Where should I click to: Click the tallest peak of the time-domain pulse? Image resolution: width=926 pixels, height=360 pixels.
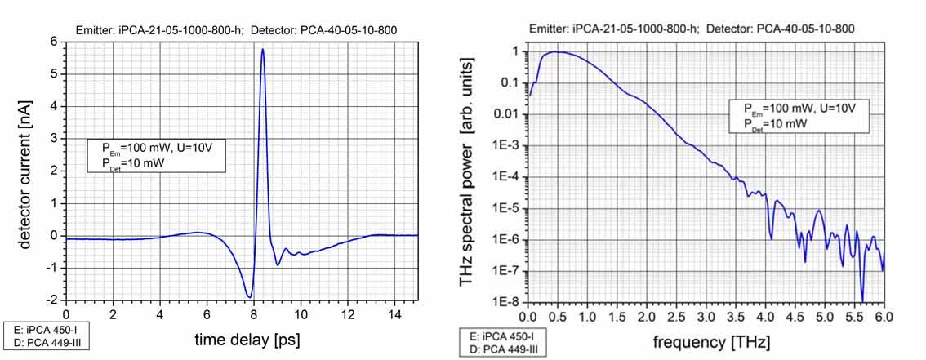point(262,50)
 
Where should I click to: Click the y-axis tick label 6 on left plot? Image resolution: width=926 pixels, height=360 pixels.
point(55,42)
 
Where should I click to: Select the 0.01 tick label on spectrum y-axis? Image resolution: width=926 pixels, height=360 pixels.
point(510,113)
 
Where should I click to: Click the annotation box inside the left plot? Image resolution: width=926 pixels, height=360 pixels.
point(156,155)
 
